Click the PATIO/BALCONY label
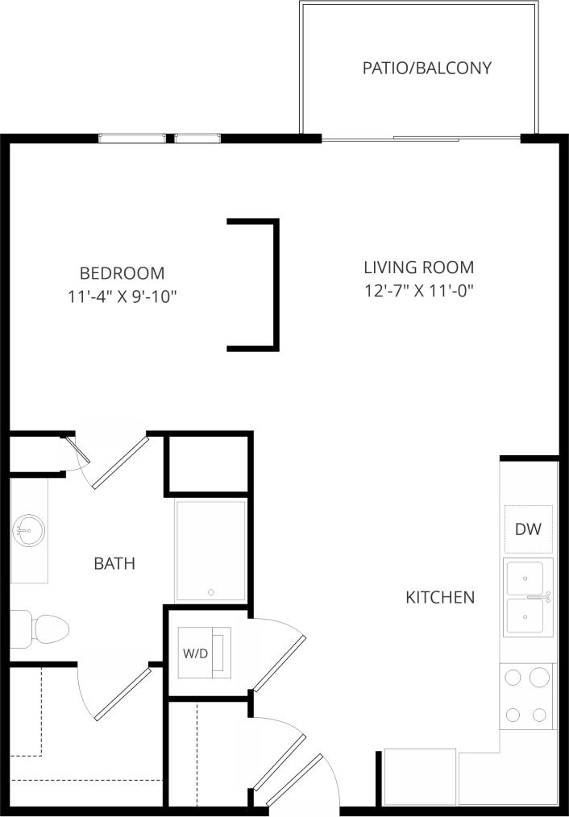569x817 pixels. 426,68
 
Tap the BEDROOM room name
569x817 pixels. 122,273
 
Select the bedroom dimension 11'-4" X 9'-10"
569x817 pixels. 123,297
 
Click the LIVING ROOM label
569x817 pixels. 418,267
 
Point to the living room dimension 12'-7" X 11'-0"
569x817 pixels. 418,290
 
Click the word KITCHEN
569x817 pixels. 439,597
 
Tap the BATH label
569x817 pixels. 114,563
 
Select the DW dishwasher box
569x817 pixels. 528,529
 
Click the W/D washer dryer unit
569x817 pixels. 203,653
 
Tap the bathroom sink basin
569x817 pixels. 28,530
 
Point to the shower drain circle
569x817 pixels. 211,592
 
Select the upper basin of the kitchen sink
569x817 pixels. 527,578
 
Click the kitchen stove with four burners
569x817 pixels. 527,696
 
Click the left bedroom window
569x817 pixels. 132,138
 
